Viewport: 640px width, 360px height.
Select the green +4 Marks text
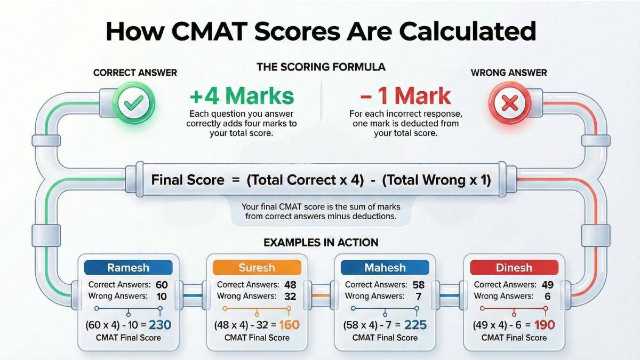[242, 96]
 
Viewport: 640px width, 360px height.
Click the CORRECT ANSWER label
[135, 73]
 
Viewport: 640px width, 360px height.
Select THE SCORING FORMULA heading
[321, 67]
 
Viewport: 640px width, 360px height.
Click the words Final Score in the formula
[188, 180]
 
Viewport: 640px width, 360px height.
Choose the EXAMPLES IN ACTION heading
[321, 243]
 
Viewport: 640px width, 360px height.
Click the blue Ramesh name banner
[129, 268]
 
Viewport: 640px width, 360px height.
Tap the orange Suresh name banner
[257, 268]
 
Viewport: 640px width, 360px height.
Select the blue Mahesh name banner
[385, 268]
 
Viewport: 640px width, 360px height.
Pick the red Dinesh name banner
[513, 268]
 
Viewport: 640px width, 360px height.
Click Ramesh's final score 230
[160, 324]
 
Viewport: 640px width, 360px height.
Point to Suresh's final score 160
[289, 324]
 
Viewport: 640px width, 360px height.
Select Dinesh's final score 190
[545, 324]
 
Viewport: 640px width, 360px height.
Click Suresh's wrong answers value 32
[289, 296]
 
